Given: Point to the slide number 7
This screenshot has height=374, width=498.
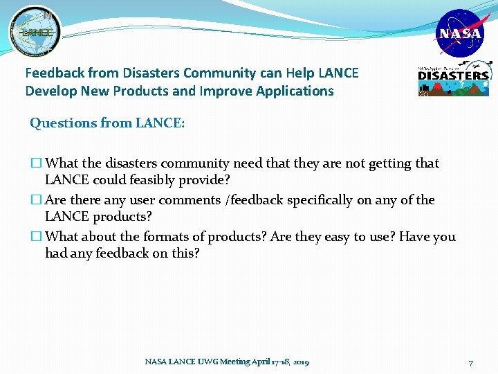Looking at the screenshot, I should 470,363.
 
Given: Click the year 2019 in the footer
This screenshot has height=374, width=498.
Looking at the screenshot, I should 300,362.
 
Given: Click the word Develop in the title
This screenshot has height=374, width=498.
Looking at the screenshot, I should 48,91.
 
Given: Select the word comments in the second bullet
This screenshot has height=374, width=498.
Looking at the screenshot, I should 190,200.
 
